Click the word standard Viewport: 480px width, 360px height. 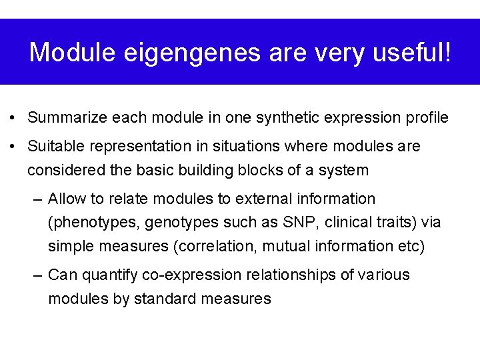(x=165, y=299)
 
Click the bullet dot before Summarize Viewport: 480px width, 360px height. (x=13, y=119)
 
